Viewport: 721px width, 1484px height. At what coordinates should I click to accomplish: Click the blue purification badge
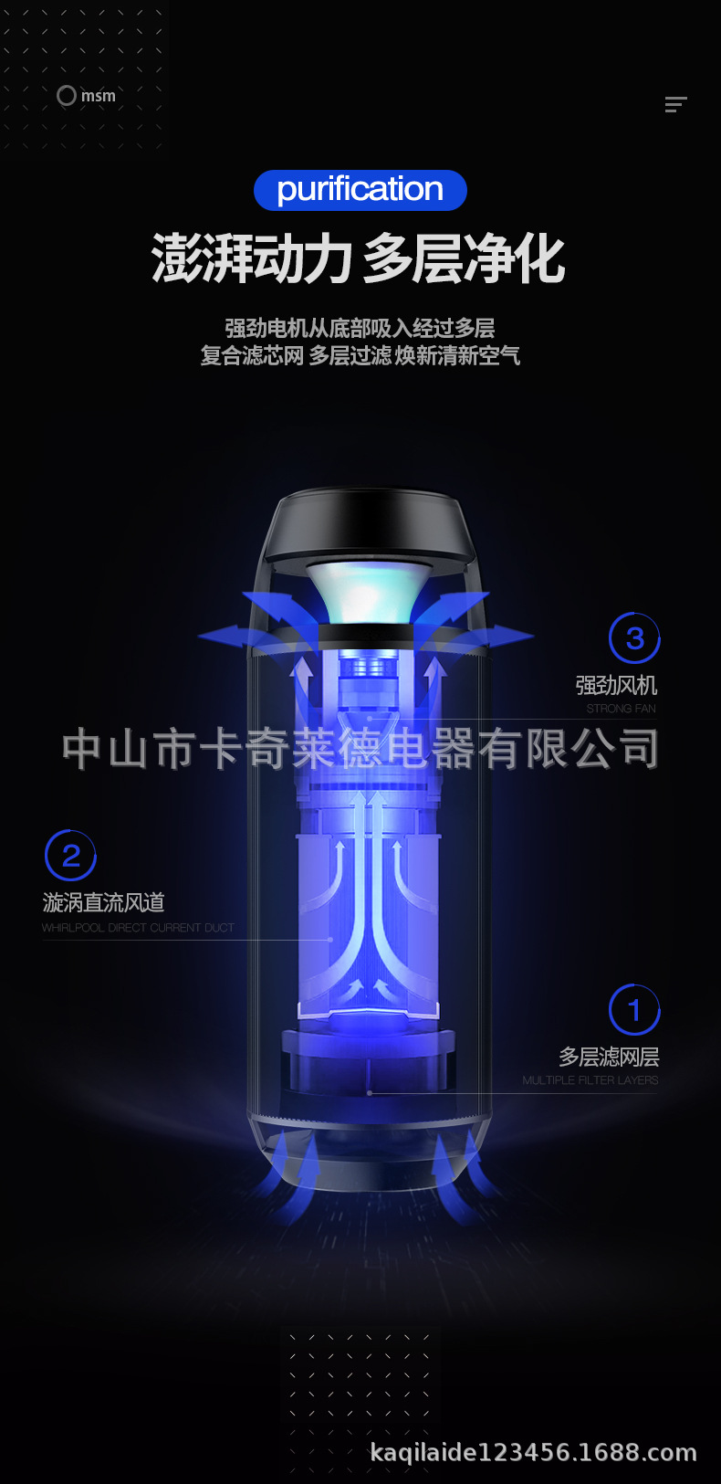(x=360, y=190)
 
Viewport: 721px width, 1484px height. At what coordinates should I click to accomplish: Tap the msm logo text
(x=99, y=96)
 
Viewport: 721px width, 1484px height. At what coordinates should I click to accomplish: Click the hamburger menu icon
(x=675, y=104)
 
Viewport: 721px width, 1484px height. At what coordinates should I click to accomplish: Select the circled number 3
(x=634, y=638)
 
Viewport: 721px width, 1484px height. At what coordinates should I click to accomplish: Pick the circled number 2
(x=70, y=856)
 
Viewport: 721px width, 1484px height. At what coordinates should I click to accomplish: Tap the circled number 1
(x=634, y=1010)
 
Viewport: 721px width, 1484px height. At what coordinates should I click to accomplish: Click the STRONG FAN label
(x=621, y=709)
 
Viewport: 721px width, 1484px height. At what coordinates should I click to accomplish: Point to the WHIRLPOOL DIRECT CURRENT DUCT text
(x=138, y=928)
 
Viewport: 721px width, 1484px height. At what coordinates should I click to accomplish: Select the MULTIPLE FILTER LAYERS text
(x=590, y=1080)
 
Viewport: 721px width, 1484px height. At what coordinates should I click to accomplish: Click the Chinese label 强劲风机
(x=616, y=685)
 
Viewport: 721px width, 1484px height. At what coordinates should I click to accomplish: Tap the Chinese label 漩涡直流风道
(x=103, y=902)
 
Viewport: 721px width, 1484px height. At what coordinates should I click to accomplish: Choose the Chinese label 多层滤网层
(x=609, y=1057)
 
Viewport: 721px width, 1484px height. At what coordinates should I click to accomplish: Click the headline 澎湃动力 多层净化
(x=359, y=258)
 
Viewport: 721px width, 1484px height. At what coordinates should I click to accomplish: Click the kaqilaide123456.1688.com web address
(x=533, y=1452)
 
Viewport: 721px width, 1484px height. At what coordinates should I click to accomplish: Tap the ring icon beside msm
(x=67, y=95)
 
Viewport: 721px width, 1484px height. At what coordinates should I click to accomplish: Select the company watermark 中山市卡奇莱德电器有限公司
(x=360, y=748)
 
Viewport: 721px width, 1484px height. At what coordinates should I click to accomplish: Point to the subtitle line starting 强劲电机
(x=360, y=328)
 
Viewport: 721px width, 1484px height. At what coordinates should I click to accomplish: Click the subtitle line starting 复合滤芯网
(x=360, y=355)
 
